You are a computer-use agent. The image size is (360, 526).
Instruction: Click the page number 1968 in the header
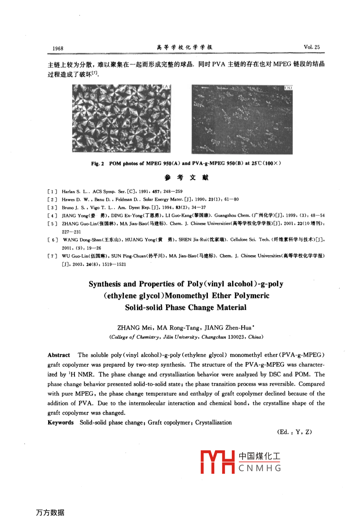click(x=58, y=48)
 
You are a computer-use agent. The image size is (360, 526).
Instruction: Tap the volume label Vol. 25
click(x=311, y=47)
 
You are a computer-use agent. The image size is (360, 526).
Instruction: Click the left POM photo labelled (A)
click(x=121, y=118)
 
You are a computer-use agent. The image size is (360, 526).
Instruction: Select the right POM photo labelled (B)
click(x=242, y=119)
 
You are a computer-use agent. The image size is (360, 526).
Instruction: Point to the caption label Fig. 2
click(x=97, y=164)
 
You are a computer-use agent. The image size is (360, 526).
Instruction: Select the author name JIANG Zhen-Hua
click(x=229, y=328)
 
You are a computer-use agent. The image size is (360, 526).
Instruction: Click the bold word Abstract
click(x=59, y=355)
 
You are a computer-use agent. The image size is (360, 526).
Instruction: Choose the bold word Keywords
click(x=61, y=422)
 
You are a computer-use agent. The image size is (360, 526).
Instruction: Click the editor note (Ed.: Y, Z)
click(x=294, y=432)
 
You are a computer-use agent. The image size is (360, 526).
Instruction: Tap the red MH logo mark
click(x=217, y=462)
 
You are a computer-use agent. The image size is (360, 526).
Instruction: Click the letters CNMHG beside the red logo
click(x=260, y=468)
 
